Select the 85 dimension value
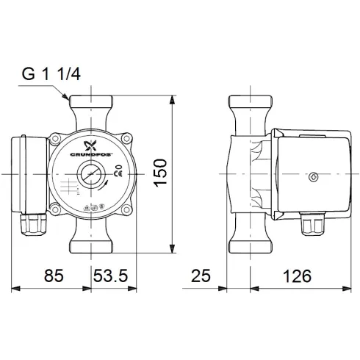point(52,276)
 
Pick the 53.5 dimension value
point(111,276)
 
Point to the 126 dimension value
point(295,276)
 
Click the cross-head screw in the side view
point(314,178)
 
